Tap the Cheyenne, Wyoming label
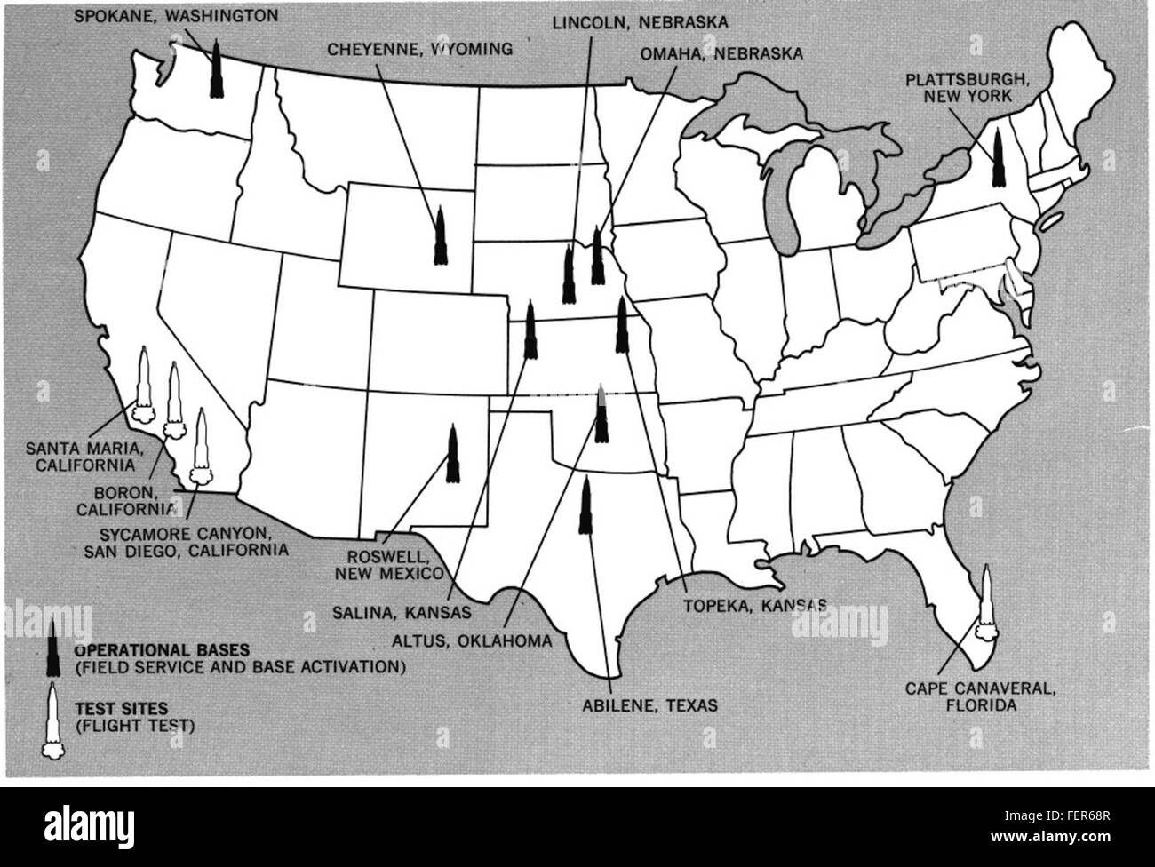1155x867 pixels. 420,49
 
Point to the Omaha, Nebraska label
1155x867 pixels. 721,53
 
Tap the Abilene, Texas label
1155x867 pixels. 644,706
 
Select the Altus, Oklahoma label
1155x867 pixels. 474,640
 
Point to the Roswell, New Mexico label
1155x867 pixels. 388,565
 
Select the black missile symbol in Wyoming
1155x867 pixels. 439,235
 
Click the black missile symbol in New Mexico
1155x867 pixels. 452,453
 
